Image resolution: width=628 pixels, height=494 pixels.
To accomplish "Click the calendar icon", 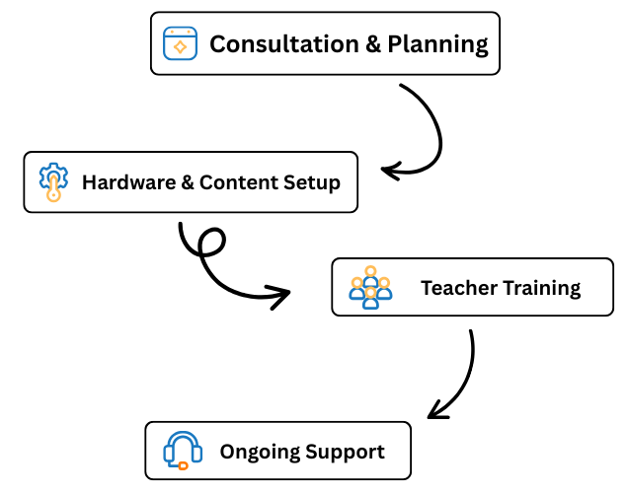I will tap(180, 43).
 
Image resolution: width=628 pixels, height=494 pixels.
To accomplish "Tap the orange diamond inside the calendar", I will tap(180, 46).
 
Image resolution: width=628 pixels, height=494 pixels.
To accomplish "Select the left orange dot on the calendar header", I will tap(172, 32).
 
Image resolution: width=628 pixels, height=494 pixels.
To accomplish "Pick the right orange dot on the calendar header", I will tap(188, 32).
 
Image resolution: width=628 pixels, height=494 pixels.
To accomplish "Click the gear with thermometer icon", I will tap(53, 181).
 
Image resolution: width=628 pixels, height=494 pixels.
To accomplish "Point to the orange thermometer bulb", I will tap(53, 195).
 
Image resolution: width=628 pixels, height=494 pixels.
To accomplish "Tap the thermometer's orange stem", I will tap(53, 184).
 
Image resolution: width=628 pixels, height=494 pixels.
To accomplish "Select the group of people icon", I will tap(370, 288).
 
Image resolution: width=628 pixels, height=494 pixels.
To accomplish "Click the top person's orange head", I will tap(370, 271).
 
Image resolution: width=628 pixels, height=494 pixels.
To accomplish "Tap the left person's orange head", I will tap(357, 283).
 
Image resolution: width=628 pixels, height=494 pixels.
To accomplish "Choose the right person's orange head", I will tap(384, 283).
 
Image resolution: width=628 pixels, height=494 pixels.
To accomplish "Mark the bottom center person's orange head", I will tap(370, 292).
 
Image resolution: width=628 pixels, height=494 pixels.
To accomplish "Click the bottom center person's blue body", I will tap(370, 304).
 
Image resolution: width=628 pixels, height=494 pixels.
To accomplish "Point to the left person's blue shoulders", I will tap(353, 294).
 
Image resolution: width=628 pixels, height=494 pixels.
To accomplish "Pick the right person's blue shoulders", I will tap(387, 294).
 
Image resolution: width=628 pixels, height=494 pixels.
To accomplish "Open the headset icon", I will tap(183, 449).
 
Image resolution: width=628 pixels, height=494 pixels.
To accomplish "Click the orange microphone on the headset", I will tap(183, 465).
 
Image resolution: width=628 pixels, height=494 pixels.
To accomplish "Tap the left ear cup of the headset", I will tap(168, 454).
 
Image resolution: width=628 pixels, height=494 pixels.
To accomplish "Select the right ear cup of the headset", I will tap(197, 454).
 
